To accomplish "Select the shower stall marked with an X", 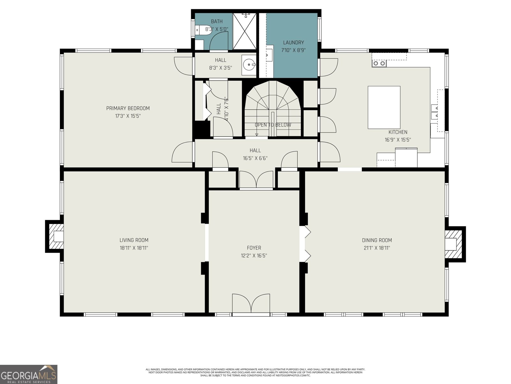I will point(244,31).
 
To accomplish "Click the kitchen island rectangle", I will point(384,107).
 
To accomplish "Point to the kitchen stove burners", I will point(379,63).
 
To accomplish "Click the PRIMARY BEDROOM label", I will point(128,108).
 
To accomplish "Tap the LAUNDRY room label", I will point(293,42).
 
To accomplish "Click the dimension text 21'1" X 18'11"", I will point(377,248).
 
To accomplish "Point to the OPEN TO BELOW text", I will point(273,125).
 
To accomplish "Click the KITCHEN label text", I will point(398,132).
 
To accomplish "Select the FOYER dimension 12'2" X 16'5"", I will point(254,256).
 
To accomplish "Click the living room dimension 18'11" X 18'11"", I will point(134,248).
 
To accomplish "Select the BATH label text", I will point(217,21).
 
